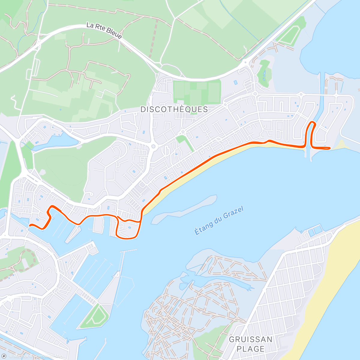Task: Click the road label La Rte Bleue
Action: click(104, 31)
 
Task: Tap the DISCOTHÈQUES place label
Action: click(174, 109)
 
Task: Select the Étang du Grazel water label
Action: click(219, 220)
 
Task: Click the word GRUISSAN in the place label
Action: click(250, 340)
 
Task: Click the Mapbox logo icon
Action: click(4, 356)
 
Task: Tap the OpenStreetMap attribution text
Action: click(48, 356)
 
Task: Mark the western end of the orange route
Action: click(30, 225)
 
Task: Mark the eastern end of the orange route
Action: click(330, 148)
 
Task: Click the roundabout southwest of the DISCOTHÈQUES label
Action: click(154, 147)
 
